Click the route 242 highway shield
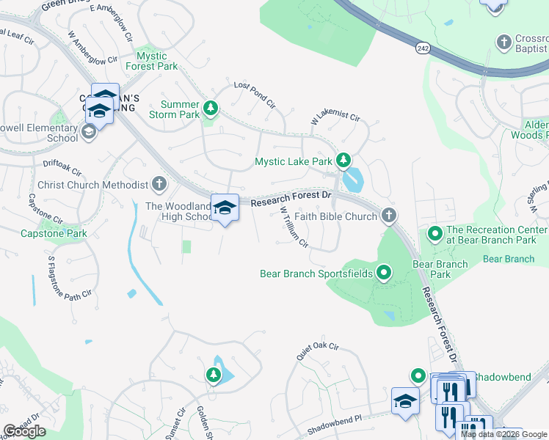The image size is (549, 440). [422, 48]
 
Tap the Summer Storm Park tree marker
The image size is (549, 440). [211, 109]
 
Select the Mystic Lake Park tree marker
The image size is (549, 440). [343, 160]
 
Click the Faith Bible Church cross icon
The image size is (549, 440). [389, 216]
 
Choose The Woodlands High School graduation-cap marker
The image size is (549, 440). [225, 208]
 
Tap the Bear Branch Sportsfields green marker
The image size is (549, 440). [383, 274]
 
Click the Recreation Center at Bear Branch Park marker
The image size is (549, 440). [435, 235]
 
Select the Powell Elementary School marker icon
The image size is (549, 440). [88, 132]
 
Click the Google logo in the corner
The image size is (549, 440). [24, 431]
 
